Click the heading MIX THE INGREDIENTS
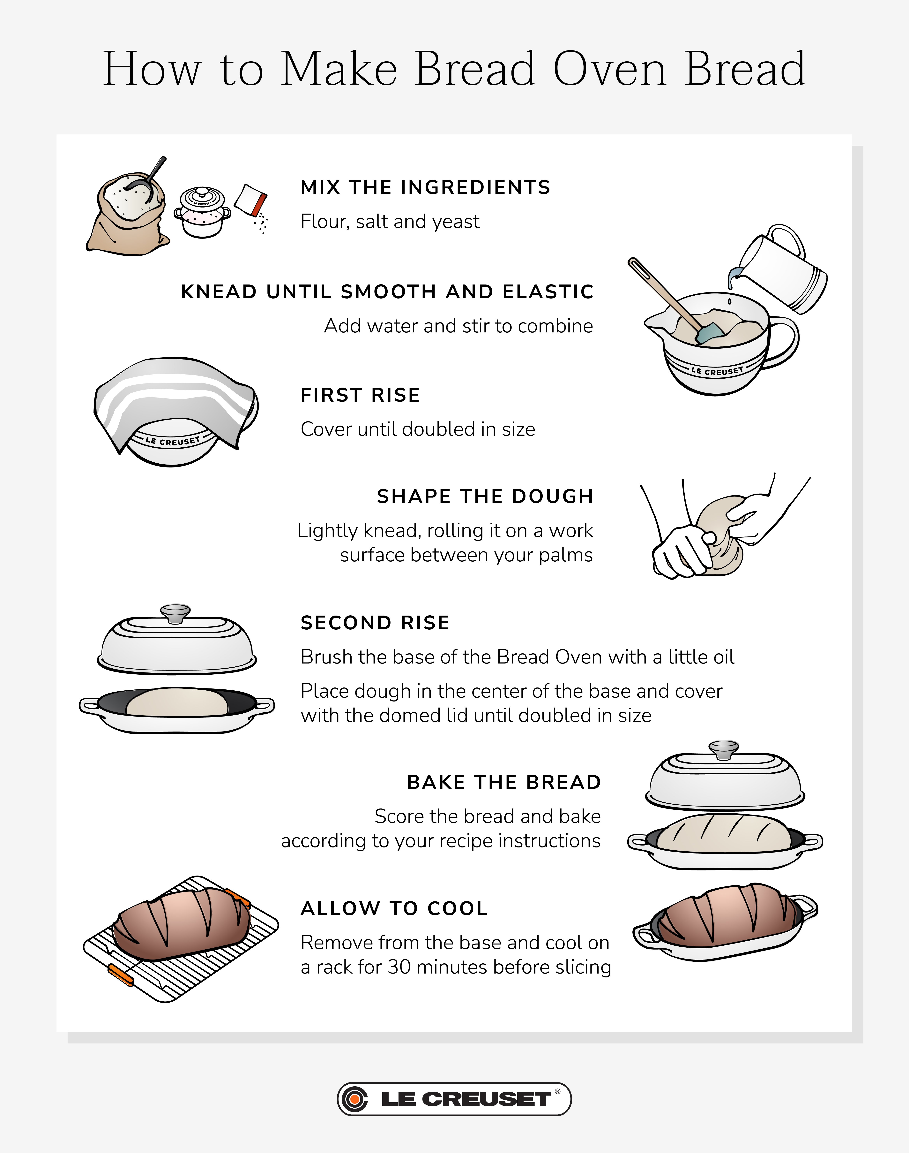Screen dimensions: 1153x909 coord(425,187)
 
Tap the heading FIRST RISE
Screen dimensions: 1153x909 coord(360,395)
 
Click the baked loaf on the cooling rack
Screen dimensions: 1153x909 coord(181,924)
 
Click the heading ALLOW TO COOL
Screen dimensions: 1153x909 coord(394,908)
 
